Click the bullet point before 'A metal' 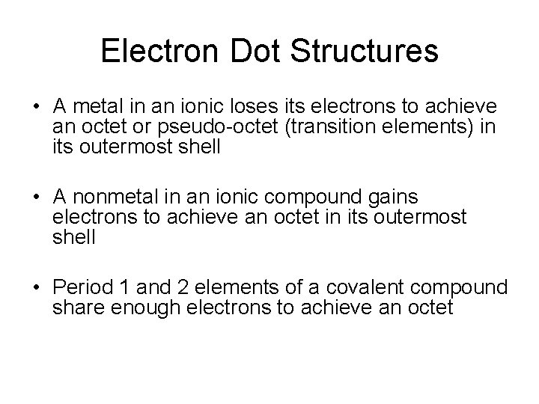[36, 106]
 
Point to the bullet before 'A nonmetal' [36, 197]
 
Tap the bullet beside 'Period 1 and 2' [36, 287]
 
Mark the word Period [80, 287]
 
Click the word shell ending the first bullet [200, 146]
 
